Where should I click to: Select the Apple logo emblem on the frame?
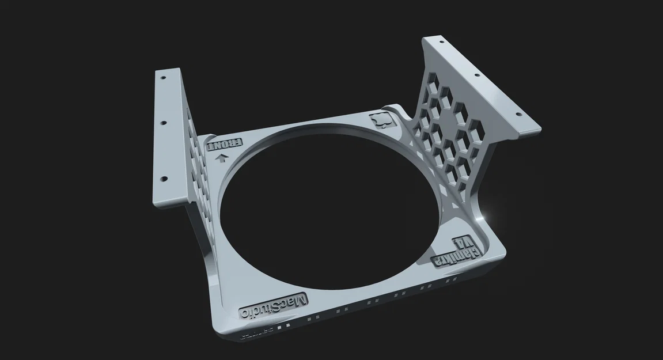point(380,121)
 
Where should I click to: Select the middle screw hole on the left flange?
point(164,123)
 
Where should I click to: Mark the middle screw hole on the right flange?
point(476,75)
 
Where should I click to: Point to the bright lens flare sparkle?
point(491,215)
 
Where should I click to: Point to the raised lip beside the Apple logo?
point(397,108)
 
